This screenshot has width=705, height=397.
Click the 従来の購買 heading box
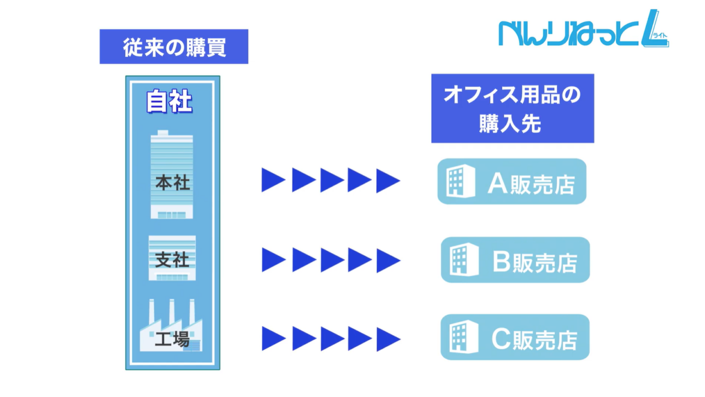tap(173, 47)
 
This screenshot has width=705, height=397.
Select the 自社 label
tap(169, 101)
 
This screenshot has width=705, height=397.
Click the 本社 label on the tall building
tap(172, 183)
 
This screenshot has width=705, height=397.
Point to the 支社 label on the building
tap(172, 260)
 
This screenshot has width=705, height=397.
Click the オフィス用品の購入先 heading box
tap(512, 109)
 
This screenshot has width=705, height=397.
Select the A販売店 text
tap(531, 185)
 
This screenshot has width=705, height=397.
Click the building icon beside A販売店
tap(455, 181)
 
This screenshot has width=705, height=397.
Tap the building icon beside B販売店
tap(459, 260)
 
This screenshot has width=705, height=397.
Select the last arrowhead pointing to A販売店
tap(387, 180)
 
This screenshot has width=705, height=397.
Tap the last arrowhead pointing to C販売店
tap(387, 339)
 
